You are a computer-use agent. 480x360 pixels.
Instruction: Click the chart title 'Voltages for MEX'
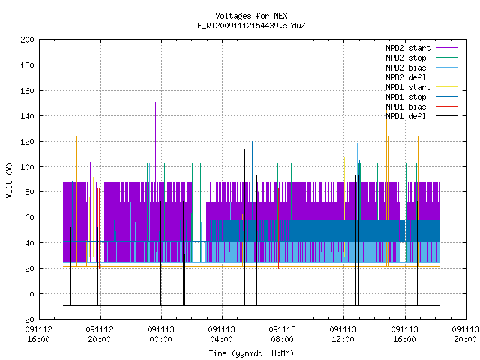(x=251, y=16)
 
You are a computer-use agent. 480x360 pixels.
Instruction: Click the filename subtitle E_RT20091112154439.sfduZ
(x=251, y=25)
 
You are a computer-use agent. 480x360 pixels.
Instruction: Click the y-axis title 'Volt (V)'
(x=9, y=181)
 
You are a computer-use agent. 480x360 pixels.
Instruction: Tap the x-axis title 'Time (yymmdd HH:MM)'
(x=251, y=353)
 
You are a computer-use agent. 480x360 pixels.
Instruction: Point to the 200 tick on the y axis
(x=27, y=40)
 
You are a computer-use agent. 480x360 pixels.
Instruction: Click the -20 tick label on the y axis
(x=27, y=319)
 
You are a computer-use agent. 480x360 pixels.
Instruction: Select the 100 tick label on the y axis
(x=27, y=167)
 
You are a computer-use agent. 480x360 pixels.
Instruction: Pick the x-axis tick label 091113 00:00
(x=160, y=334)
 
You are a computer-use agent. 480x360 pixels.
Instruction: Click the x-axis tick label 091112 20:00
(x=100, y=334)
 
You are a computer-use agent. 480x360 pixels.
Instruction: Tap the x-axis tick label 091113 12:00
(x=343, y=334)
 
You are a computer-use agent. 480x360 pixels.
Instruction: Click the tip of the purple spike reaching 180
(x=70, y=62)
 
